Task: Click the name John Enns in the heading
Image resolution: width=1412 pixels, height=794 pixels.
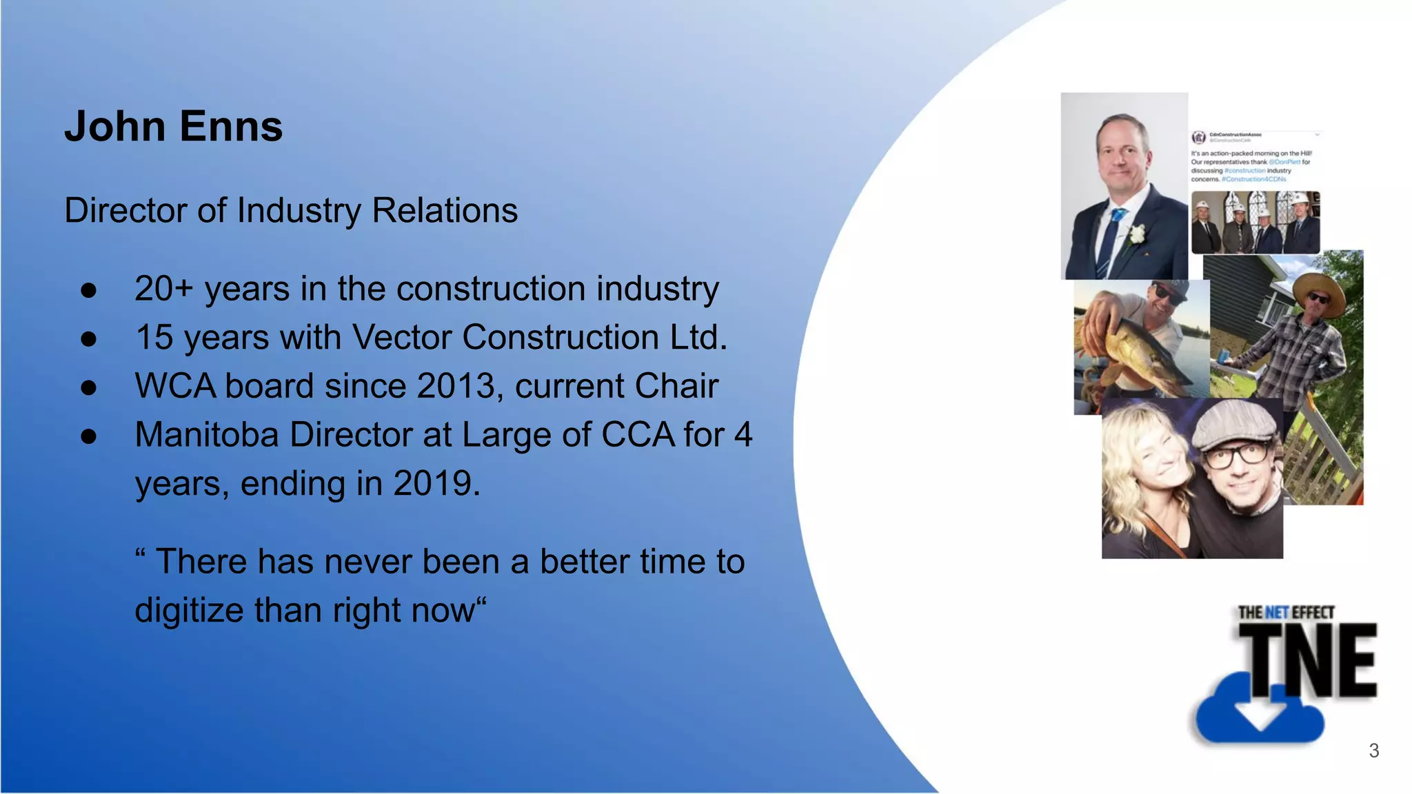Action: pyautogui.click(x=173, y=127)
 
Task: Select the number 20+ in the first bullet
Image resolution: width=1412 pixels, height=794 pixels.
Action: pyautogui.click(x=163, y=288)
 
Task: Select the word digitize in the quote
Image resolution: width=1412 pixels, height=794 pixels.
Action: pyautogui.click(x=188, y=611)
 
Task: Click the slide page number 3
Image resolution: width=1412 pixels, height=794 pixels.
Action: pyautogui.click(x=1373, y=751)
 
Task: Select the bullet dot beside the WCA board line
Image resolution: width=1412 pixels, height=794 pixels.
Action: pyautogui.click(x=88, y=387)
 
